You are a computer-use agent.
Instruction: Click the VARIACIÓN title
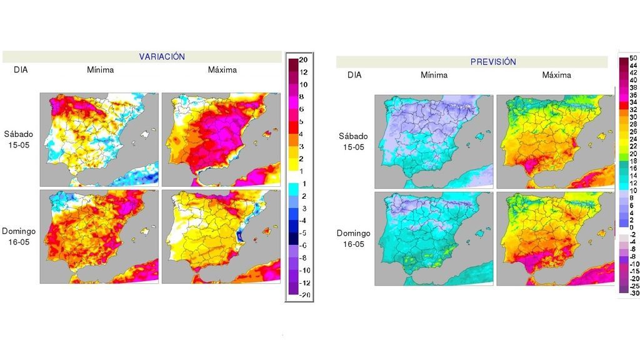pyautogui.click(x=162, y=57)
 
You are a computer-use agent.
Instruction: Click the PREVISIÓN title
pyautogui.click(x=493, y=62)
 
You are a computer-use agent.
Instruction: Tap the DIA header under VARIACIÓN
pyautogui.click(x=21, y=70)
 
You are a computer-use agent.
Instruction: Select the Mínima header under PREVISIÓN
pyautogui.click(x=434, y=75)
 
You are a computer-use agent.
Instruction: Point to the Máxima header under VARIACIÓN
pyautogui.click(x=222, y=70)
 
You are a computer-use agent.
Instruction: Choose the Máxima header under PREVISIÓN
pyautogui.click(x=556, y=75)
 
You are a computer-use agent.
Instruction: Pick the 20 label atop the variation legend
pyautogui.click(x=303, y=61)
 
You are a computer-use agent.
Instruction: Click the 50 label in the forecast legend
pyautogui.click(x=632, y=59)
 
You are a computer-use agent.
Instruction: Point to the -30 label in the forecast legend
pyautogui.click(x=632, y=293)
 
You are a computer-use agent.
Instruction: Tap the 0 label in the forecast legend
pyautogui.click(x=631, y=227)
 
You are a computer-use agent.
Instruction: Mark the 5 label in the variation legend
pyautogui.click(x=302, y=121)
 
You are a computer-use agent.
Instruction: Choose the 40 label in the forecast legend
pyautogui.click(x=632, y=81)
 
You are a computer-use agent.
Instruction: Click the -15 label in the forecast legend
pyautogui.click(x=632, y=271)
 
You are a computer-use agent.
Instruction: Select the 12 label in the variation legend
pyautogui.click(x=303, y=72)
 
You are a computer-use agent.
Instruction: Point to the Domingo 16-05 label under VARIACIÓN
pyautogui.click(x=19, y=236)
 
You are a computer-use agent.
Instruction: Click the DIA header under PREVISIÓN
pyautogui.click(x=354, y=75)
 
